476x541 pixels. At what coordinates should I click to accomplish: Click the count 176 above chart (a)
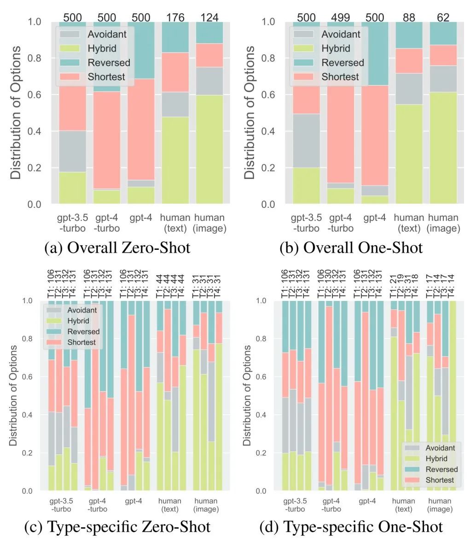click(x=175, y=18)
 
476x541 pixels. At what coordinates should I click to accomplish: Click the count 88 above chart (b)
click(x=409, y=18)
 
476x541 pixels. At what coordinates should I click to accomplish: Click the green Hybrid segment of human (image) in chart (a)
click(x=210, y=149)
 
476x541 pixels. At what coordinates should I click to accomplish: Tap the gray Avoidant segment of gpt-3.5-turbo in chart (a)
click(x=73, y=151)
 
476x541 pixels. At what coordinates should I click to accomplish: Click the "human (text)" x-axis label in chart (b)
click(x=409, y=223)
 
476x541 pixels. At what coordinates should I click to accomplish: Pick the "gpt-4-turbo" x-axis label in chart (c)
click(x=98, y=505)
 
